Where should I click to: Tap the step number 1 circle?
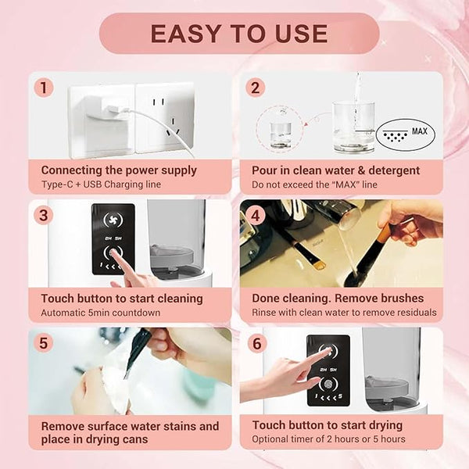(44, 88)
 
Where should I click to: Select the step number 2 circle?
(255, 88)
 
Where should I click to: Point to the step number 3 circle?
(44, 216)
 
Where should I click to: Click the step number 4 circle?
(255, 216)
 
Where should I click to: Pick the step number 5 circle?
(44, 343)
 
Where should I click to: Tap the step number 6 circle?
(257, 343)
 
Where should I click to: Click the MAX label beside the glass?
(419, 131)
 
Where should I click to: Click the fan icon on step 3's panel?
(113, 220)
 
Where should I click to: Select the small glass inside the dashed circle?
(281, 135)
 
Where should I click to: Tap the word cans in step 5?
(135, 439)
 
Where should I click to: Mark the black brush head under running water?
(352, 277)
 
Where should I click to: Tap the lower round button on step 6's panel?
(328, 385)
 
